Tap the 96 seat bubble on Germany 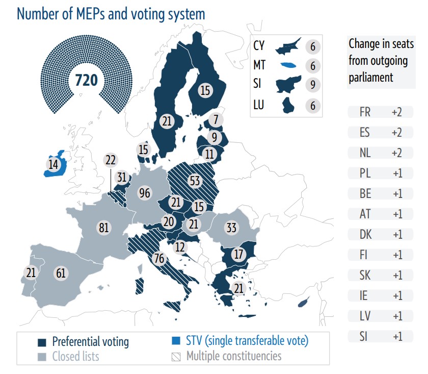point(145,193)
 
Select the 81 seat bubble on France point(104,228)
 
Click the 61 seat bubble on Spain point(61,273)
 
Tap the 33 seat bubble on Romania point(231,228)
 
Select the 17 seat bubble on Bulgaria point(238,254)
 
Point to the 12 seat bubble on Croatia point(179,247)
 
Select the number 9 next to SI point(313,85)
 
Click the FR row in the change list point(380,112)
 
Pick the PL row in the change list point(380,173)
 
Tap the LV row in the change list point(380,316)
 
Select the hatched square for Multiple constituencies point(177,356)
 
